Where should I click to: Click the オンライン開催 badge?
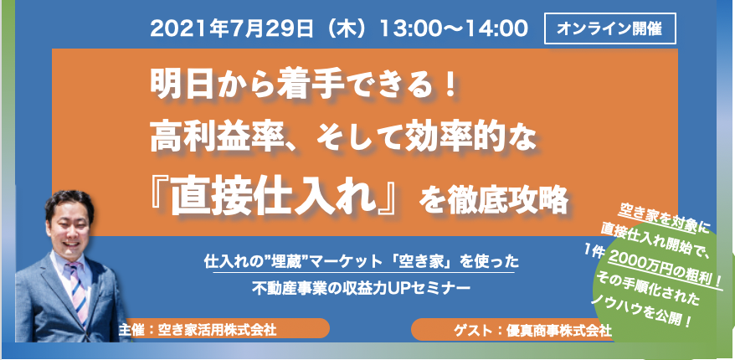click(x=609, y=28)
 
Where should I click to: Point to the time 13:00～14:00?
click(x=453, y=29)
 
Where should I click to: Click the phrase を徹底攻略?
click(x=494, y=201)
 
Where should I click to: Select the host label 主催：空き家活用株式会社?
click(x=198, y=330)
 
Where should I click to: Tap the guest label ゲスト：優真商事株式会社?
click(x=532, y=330)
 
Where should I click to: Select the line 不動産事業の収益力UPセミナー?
click(x=362, y=286)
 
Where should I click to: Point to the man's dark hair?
click(x=69, y=203)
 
